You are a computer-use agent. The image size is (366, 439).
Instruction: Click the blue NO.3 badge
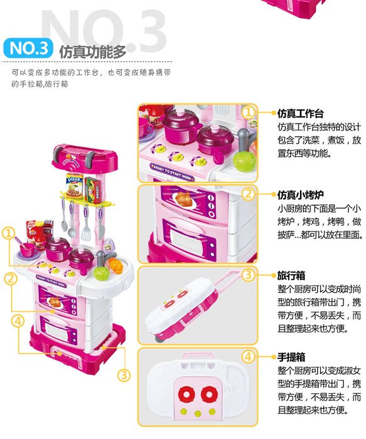(x=28, y=48)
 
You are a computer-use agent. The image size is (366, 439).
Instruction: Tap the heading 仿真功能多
(x=92, y=52)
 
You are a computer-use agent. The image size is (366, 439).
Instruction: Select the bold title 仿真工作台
(x=301, y=114)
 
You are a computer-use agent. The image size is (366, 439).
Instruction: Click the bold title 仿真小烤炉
(x=301, y=195)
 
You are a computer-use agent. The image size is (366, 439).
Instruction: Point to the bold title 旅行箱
(x=291, y=276)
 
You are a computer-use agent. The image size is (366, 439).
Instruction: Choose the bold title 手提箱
(x=291, y=357)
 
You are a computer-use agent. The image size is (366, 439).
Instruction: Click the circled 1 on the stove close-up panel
(x=249, y=112)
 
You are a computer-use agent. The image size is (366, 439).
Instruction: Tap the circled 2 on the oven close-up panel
(x=249, y=194)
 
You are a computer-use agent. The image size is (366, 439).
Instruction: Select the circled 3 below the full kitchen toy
(x=124, y=375)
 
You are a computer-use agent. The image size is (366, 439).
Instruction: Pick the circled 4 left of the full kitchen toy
(x=18, y=321)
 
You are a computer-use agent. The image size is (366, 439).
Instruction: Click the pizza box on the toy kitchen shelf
(x=75, y=186)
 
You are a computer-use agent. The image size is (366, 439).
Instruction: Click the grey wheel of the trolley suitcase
(x=159, y=339)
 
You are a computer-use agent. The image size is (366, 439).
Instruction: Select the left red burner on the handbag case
(x=186, y=394)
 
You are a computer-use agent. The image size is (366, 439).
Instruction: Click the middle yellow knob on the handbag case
(x=198, y=413)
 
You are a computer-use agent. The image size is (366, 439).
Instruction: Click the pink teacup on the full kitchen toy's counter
(x=29, y=249)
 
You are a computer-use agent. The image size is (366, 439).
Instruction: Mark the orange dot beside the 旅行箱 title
(x=274, y=275)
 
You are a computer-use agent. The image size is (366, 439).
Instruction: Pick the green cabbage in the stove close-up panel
(x=245, y=161)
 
